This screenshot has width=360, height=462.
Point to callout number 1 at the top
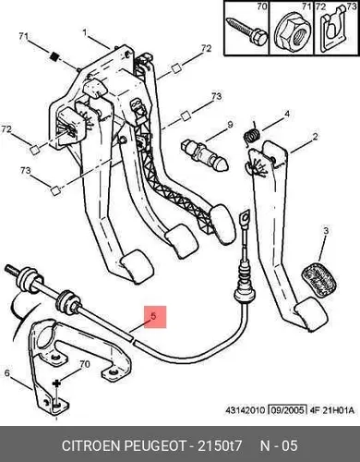click(x=85, y=32)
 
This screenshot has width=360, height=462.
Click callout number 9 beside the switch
click(x=230, y=125)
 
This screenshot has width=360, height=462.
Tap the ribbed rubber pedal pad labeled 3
click(x=318, y=281)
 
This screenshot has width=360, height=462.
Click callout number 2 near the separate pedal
click(x=315, y=136)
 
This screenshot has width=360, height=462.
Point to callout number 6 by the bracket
click(x=6, y=373)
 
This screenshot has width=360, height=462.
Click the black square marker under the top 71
click(x=54, y=56)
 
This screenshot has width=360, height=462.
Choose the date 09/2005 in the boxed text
click(x=287, y=410)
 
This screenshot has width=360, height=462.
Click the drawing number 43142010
click(x=246, y=410)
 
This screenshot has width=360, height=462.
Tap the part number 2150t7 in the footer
click(x=220, y=445)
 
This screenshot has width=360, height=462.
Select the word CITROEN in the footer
click(x=91, y=445)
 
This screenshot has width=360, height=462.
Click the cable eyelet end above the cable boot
click(x=245, y=218)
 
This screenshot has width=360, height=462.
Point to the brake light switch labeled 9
click(x=205, y=155)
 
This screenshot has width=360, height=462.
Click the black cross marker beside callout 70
click(x=56, y=383)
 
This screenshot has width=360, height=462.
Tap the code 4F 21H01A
click(x=331, y=410)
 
